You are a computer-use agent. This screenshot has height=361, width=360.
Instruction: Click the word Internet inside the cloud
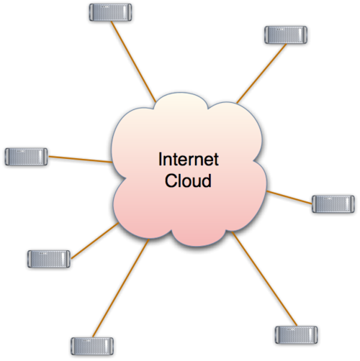point(188,160)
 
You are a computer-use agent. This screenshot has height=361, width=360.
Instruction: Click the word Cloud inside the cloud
point(188,180)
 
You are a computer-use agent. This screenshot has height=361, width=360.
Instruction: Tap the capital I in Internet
point(160,160)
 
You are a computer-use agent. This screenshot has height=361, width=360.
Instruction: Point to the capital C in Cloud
point(170,180)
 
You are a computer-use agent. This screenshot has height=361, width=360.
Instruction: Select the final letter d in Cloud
point(207,180)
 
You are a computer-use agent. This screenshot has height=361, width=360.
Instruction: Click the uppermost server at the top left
point(110,12)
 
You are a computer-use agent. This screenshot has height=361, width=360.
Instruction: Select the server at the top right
point(286,35)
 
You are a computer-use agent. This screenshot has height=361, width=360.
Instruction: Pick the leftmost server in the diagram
point(26,156)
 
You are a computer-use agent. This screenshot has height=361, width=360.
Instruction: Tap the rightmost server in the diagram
point(333,204)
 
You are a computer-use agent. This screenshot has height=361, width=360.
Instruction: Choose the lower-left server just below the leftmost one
point(48,258)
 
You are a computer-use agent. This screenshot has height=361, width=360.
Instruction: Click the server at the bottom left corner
point(92,346)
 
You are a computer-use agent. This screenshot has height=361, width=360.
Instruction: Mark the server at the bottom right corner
point(296,334)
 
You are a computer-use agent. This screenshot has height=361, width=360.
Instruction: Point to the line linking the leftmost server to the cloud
point(79,159)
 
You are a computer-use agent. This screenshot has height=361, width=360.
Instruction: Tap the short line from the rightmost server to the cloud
point(288,196)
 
